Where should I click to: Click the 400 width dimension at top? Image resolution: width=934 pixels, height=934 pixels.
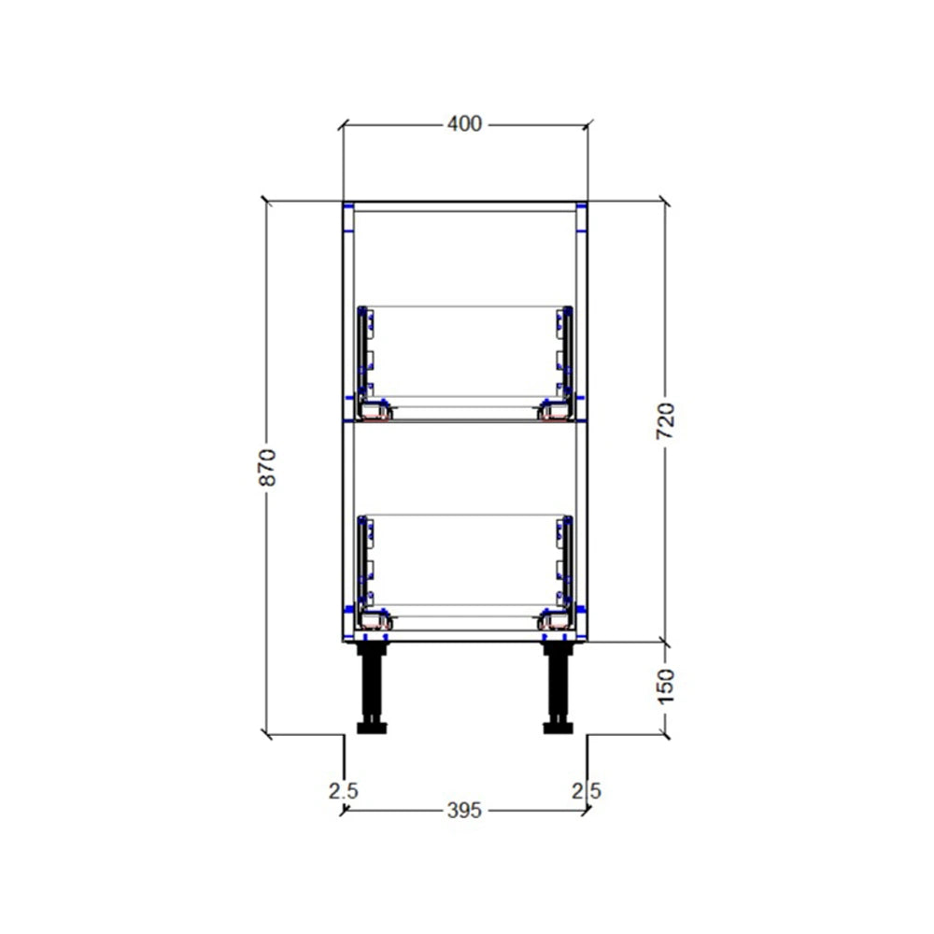click(x=464, y=123)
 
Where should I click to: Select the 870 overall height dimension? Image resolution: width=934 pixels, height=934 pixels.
click(x=267, y=467)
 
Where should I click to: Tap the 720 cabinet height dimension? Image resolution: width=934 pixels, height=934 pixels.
click(x=666, y=421)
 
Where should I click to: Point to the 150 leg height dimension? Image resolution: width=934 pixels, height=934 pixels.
click(x=666, y=686)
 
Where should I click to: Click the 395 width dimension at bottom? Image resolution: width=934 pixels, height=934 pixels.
click(x=464, y=811)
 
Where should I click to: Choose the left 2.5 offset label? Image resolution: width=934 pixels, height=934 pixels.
click(x=343, y=790)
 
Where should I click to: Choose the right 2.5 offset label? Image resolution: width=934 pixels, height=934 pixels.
click(x=587, y=790)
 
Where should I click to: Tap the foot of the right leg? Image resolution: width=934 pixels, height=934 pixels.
click(x=559, y=727)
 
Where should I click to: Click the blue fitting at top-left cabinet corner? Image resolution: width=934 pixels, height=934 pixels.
click(x=348, y=206)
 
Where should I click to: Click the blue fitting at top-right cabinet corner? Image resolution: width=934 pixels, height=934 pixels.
click(x=581, y=206)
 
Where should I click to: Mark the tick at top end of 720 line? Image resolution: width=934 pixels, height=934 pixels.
click(x=665, y=201)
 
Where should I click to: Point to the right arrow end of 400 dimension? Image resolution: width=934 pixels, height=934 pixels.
click(x=587, y=124)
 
